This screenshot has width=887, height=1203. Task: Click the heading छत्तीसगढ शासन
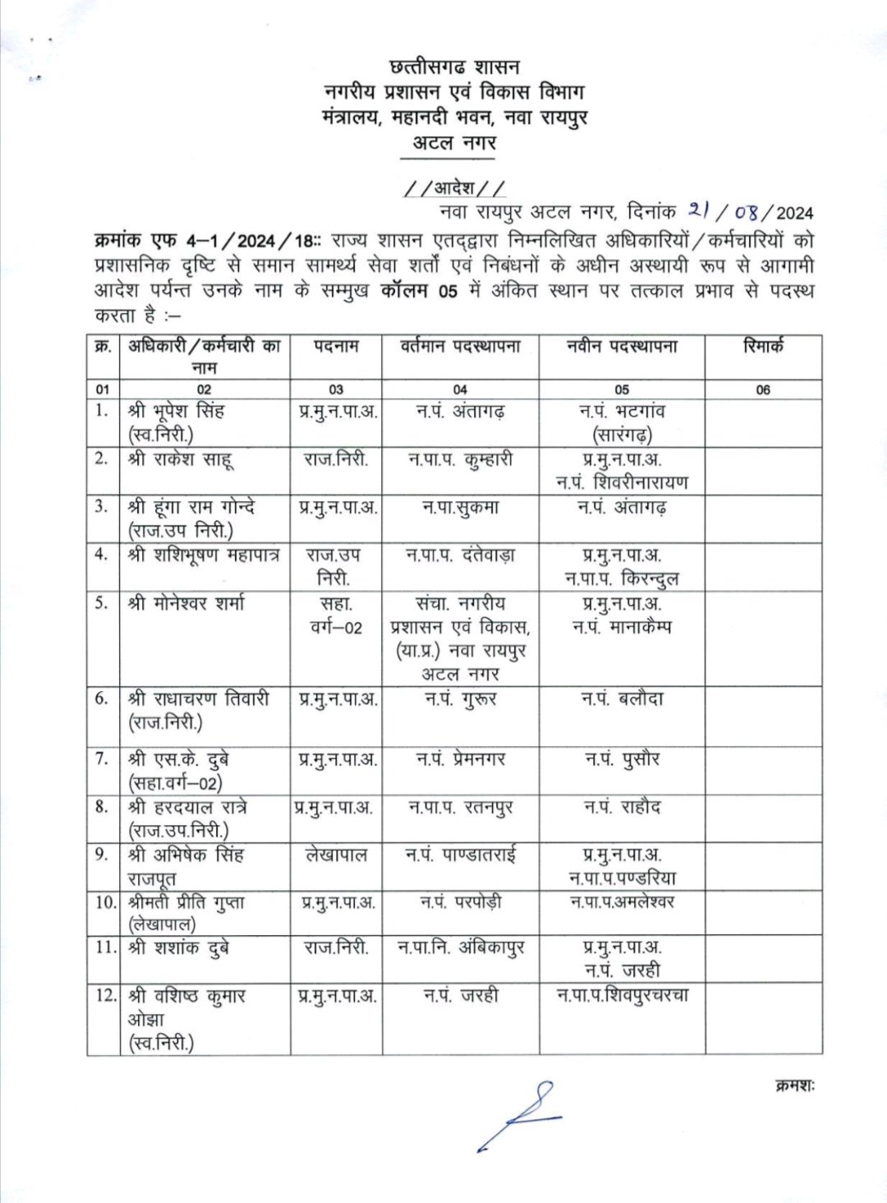click(455, 67)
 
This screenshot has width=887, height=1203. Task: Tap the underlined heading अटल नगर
click(455, 142)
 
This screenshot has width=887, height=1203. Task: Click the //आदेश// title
click(455, 188)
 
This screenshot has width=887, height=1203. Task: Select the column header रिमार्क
click(763, 347)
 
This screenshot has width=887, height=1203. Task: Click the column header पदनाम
click(336, 347)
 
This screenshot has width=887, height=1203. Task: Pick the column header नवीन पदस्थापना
click(622, 347)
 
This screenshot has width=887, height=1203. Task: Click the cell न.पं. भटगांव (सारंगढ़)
click(622, 422)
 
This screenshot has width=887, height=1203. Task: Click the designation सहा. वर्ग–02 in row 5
click(336, 616)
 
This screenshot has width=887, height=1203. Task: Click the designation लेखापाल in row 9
click(336, 855)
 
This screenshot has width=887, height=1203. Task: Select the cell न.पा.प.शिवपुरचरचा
click(622, 995)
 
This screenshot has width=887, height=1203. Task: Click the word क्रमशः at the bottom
click(793, 1086)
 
